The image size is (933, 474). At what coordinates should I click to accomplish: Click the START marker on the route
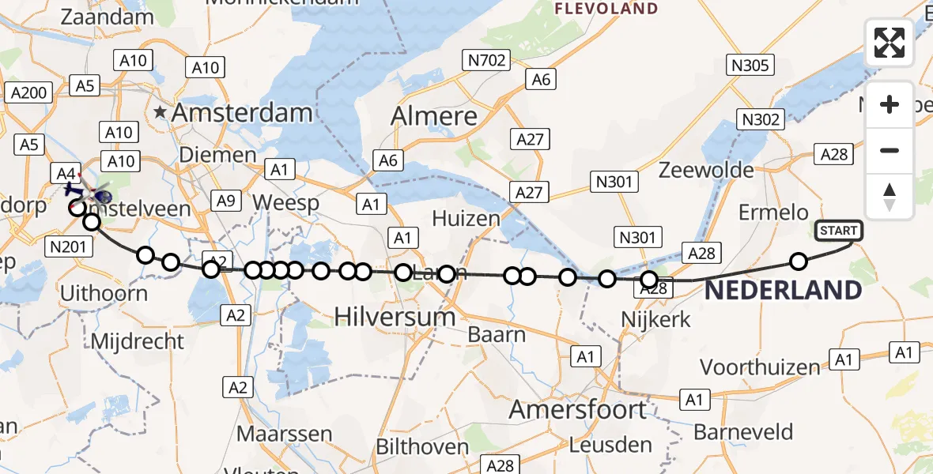(x=839, y=231)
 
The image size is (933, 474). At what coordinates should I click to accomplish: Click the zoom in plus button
(x=890, y=105)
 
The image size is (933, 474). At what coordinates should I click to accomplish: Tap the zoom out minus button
(x=890, y=150)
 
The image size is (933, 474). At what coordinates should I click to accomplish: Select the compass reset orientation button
(x=890, y=195)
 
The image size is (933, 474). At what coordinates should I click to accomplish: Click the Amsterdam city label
(x=241, y=113)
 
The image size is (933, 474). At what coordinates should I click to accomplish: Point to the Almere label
(x=435, y=117)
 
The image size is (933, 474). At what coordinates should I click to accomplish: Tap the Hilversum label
(x=395, y=317)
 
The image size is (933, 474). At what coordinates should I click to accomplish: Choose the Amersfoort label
(x=577, y=410)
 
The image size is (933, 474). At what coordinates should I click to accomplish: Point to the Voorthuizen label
(x=760, y=367)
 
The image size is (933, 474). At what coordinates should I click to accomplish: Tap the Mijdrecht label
(x=138, y=342)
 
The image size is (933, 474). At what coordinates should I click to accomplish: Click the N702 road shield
(x=485, y=59)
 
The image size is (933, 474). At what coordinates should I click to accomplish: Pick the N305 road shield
(x=750, y=65)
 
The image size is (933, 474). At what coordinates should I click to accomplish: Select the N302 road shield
(x=761, y=120)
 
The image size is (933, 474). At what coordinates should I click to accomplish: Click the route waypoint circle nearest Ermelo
(x=799, y=261)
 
